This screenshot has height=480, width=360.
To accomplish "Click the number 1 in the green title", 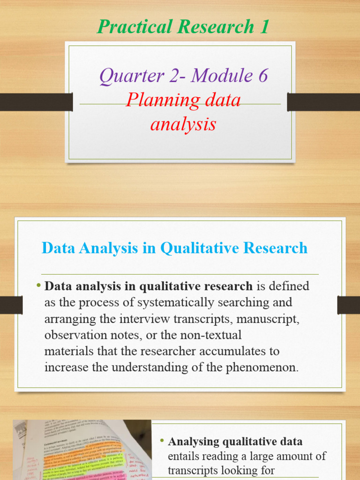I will (264, 27).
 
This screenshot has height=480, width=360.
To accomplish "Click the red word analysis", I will (183, 124).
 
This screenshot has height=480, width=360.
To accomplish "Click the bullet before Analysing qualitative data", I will (162, 441).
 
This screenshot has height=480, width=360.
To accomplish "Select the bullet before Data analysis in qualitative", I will (38, 285).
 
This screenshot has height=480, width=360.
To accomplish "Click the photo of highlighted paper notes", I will (82, 450).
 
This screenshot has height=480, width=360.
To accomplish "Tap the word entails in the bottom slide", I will (183, 456).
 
